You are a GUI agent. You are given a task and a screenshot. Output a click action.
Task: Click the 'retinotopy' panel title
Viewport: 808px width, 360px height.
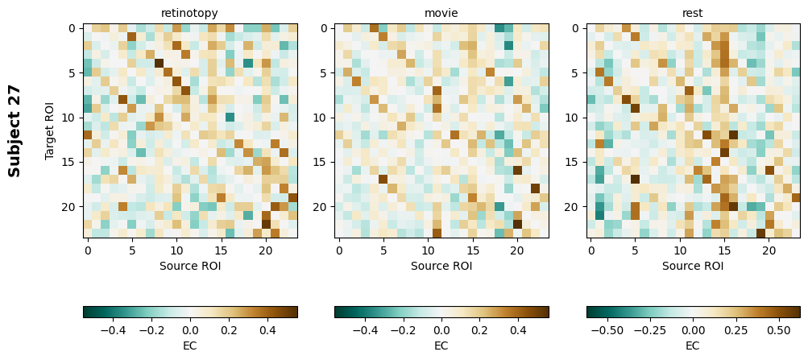189,13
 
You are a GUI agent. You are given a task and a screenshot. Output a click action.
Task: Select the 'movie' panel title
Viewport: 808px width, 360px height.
441,13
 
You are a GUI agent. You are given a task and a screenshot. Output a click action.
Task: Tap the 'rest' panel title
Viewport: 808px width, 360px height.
693,13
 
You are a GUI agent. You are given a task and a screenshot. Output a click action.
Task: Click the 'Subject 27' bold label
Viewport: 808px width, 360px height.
15,130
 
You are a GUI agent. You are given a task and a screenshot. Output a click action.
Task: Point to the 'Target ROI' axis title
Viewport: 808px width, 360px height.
50,130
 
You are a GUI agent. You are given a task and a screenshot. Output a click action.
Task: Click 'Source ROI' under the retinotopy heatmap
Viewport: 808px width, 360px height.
190,265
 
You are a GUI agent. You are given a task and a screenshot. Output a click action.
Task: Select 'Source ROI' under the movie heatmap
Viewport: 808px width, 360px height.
441,265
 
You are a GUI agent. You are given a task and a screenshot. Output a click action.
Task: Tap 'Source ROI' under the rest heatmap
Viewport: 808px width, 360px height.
693,265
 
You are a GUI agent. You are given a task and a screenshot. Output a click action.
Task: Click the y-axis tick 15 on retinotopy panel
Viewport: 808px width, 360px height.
71,163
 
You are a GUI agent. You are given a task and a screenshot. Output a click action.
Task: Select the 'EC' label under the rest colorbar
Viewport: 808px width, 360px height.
693,346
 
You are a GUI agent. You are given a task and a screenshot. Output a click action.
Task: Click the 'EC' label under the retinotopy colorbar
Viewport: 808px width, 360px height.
190,346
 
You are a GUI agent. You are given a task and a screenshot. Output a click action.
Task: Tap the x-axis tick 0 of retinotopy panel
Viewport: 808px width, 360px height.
88,250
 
